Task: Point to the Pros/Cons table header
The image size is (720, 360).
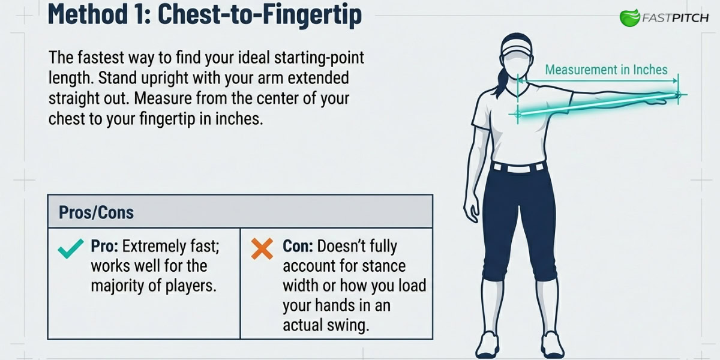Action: click(97, 212)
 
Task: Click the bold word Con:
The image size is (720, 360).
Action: click(298, 246)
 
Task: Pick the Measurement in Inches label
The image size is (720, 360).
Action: click(606, 70)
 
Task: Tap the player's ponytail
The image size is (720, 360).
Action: click(497, 75)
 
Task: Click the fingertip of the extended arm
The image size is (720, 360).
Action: click(679, 94)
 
